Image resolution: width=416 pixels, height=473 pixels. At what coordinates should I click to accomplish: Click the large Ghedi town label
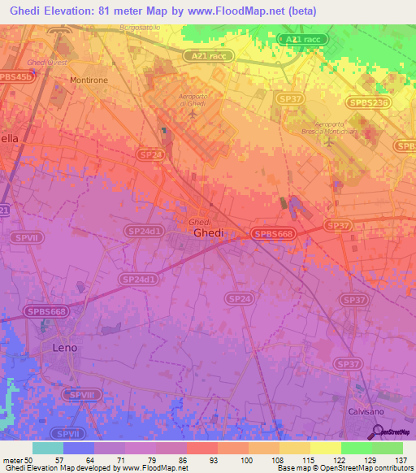208,232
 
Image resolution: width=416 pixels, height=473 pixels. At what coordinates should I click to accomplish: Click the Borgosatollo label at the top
138,28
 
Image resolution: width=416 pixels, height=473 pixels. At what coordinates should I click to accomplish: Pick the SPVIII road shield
80,394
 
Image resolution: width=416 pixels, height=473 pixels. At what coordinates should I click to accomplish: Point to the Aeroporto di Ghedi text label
196,98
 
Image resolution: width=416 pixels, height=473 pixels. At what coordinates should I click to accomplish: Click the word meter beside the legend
13,460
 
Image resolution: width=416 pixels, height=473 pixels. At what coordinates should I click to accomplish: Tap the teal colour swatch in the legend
47,447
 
